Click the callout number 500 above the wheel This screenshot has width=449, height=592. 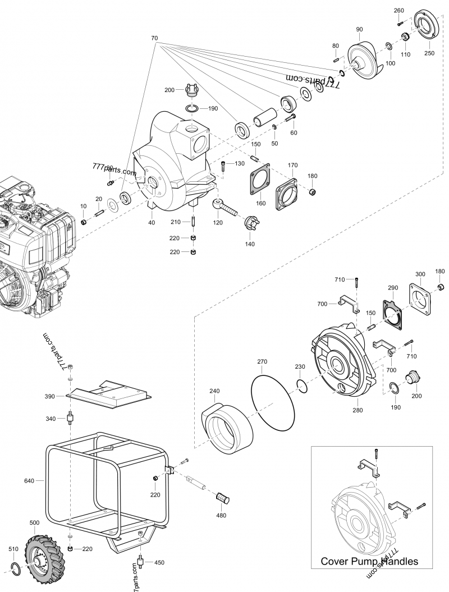(34, 522)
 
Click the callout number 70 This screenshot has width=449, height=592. (154, 38)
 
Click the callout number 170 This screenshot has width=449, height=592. (292, 166)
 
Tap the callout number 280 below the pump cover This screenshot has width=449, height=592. (358, 410)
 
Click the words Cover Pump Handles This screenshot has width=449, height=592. (369, 561)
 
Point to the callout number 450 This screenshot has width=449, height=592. (159, 562)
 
